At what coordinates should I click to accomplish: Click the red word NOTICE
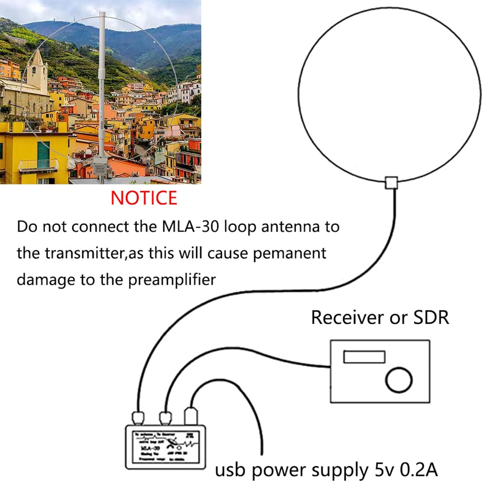click(x=144, y=198)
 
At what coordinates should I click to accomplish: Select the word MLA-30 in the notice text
click(x=190, y=227)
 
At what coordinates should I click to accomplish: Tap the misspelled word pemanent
click(x=289, y=253)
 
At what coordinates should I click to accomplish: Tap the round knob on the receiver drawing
click(x=399, y=380)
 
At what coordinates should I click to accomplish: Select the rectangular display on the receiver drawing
click(x=364, y=357)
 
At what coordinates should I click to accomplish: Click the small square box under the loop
click(x=392, y=182)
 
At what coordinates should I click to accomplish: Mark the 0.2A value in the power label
click(x=419, y=470)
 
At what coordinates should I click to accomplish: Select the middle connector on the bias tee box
click(x=166, y=418)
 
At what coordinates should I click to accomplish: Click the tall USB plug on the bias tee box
click(x=190, y=416)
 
